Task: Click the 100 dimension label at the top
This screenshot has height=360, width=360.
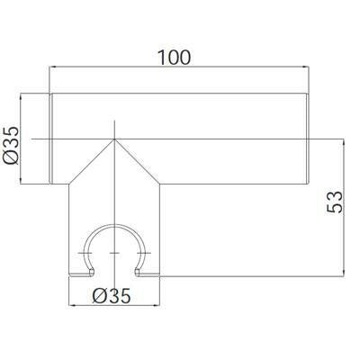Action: coord(174,58)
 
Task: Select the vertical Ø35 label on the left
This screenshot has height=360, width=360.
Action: coord(12,146)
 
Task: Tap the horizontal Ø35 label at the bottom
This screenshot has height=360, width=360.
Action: coord(112,296)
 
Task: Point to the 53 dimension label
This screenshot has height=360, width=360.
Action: coord(334,202)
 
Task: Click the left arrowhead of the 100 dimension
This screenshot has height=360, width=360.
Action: coord(52,67)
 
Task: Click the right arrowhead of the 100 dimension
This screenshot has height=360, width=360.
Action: coord(305,67)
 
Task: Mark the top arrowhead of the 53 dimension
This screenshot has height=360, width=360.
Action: coord(344,142)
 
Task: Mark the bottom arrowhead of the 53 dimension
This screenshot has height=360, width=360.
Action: coord(344,273)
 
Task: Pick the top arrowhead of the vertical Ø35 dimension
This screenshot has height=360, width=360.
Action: coord(21,97)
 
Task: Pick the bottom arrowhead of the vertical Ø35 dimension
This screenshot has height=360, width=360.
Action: coord(21,180)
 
